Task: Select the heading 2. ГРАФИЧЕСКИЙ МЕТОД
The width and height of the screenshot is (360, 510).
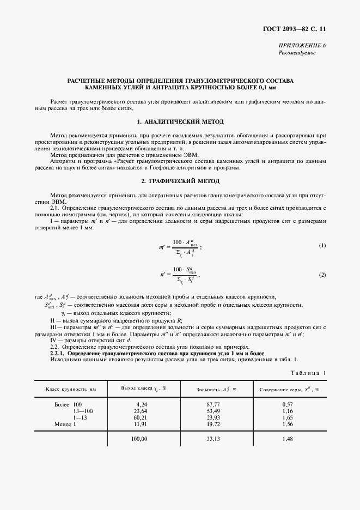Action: pos(180,180)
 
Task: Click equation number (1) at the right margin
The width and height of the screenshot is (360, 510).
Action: pos(322,246)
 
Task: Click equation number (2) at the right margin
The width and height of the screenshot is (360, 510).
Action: pos(322,275)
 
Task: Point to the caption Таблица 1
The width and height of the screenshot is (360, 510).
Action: pos(308,373)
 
